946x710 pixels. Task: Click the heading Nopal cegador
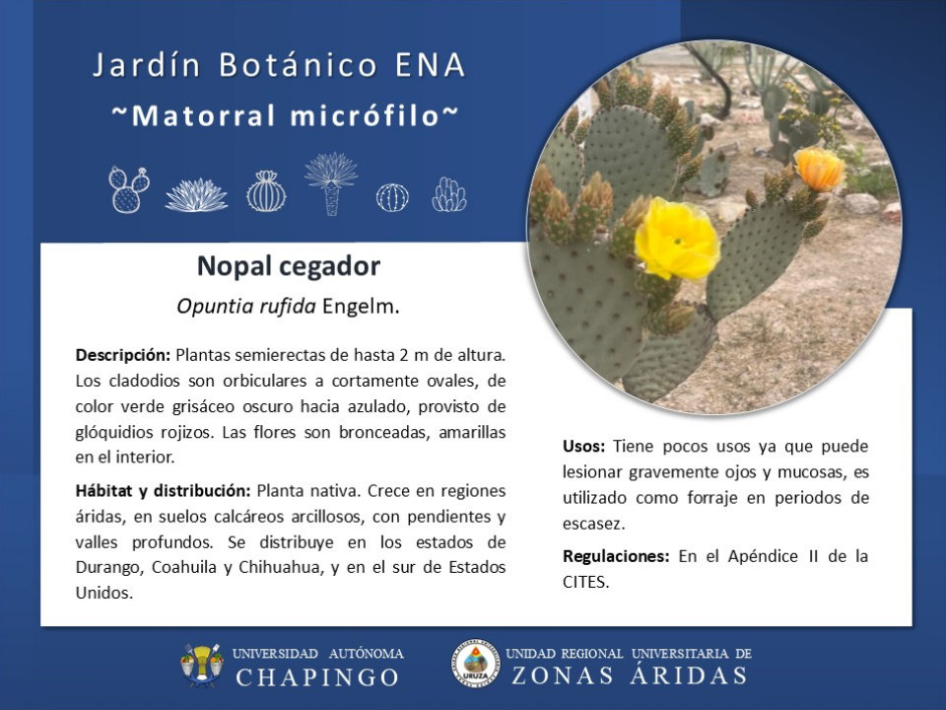pyautogui.click(x=289, y=267)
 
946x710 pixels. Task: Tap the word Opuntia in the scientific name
pyautogui.click(x=215, y=307)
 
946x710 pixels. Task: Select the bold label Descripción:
pyautogui.click(x=123, y=356)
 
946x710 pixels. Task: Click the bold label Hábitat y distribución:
pyautogui.click(x=163, y=491)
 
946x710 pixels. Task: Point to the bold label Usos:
pyautogui.click(x=583, y=447)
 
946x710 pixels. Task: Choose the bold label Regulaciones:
pyautogui.click(x=615, y=556)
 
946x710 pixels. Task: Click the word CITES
pyautogui.click(x=585, y=582)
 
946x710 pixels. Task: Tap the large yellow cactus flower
pyautogui.click(x=677, y=239)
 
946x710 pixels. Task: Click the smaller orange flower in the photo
pyautogui.click(x=819, y=169)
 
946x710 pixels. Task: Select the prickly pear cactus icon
pyautogui.click(x=128, y=189)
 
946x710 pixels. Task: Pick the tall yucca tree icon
pyautogui.click(x=331, y=183)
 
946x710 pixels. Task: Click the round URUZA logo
pyautogui.click(x=476, y=664)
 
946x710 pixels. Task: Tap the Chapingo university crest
pyautogui.click(x=201, y=665)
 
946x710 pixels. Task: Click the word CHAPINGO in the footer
pyautogui.click(x=317, y=677)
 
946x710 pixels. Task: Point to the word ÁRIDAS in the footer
pyautogui.click(x=689, y=674)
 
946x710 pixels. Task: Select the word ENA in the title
pyautogui.click(x=431, y=65)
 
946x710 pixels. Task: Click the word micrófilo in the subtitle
pyautogui.click(x=365, y=115)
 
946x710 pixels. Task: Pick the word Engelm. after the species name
pyautogui.click(x=361, y=307)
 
